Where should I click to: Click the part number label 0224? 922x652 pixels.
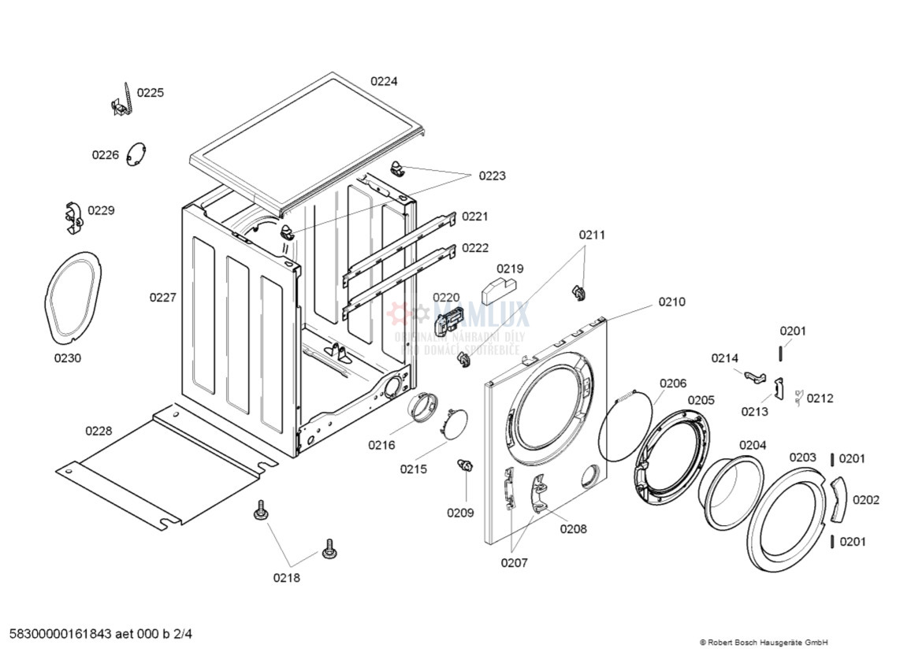385,81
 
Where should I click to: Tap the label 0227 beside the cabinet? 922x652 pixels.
163,298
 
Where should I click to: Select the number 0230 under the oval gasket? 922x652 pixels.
68,358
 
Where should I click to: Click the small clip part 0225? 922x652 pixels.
121,101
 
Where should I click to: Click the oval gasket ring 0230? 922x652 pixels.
72,297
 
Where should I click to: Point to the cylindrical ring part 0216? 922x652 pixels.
422,408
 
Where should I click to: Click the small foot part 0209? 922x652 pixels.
466,466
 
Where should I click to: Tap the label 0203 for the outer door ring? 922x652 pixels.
803,458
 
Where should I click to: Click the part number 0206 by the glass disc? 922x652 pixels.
673,383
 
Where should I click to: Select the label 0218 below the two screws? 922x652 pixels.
287,578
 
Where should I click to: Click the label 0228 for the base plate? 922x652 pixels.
99,431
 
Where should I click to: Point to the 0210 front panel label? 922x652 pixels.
672,302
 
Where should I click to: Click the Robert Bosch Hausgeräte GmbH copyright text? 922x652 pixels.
764,643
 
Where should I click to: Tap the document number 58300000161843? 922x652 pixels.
59,633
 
